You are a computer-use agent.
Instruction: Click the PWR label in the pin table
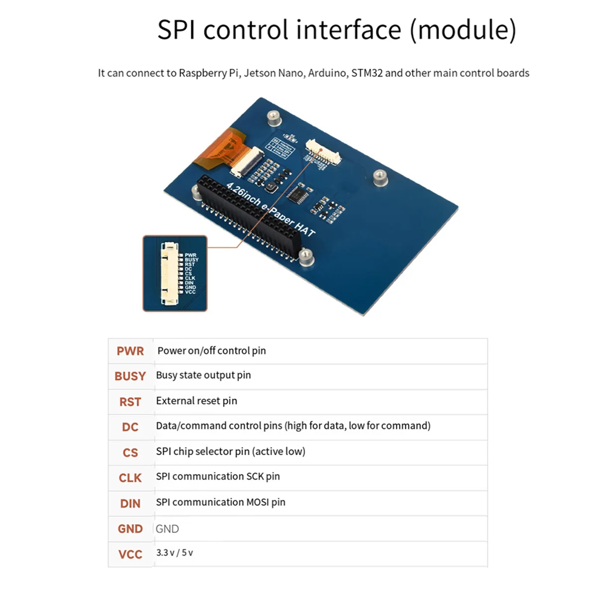tap(130, 351)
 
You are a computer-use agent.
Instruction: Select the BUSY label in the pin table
tap(130, 376)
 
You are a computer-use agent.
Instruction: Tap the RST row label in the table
tap(130, 402)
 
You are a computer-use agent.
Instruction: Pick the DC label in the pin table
tap(130, 427)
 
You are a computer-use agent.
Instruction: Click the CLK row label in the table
tap(130, 478)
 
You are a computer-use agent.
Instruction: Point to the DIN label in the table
tap(130, 504)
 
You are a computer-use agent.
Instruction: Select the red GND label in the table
tap(130, 529)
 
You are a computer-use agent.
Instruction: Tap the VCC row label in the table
tap(130, 554)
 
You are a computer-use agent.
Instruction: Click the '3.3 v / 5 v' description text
tap(174, 553)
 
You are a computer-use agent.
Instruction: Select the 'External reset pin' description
tap(196, 401)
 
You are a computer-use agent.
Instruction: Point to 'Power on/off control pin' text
tap(212, 351)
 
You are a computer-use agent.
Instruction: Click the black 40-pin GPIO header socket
tap(248, 216)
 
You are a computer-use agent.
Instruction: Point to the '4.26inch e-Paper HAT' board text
tap(271, 209)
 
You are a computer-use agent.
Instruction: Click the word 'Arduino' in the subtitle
tap(327, 73)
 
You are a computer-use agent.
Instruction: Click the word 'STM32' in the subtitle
tap(367, 73)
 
